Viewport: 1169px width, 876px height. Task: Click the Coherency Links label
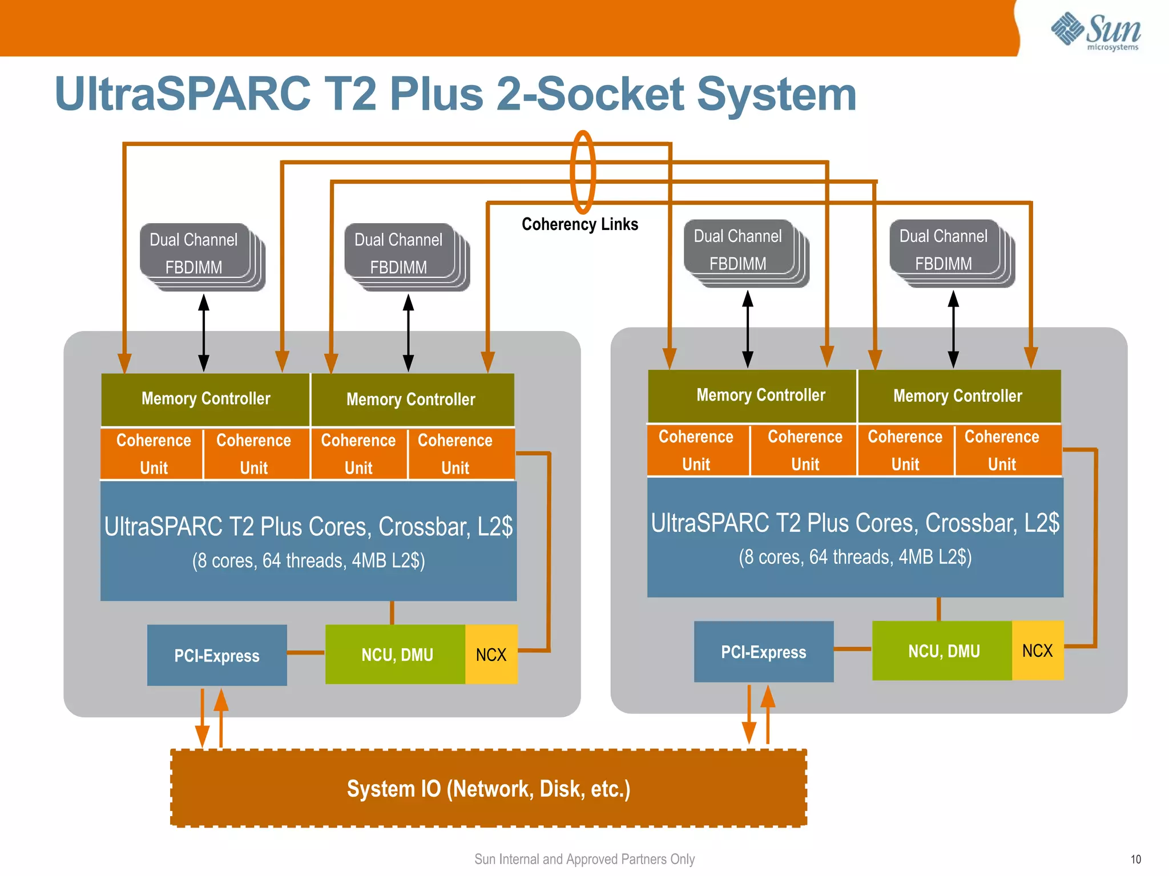579,224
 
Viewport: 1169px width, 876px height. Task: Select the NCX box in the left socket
491,655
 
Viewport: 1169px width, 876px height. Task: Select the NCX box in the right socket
1037,651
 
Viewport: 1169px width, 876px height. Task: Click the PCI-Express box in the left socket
217,655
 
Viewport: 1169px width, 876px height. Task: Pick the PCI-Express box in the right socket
763,652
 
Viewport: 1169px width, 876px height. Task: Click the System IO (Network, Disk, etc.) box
489,788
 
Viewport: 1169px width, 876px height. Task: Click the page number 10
1135,859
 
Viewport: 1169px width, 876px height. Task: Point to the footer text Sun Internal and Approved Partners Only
584,859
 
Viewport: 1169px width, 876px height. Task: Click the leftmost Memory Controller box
205,399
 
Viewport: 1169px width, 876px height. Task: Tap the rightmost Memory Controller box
958,396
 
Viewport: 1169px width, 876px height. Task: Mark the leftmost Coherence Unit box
152,454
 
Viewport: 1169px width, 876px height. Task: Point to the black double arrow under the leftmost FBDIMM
204,333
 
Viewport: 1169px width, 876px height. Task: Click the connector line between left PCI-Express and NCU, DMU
306,652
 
